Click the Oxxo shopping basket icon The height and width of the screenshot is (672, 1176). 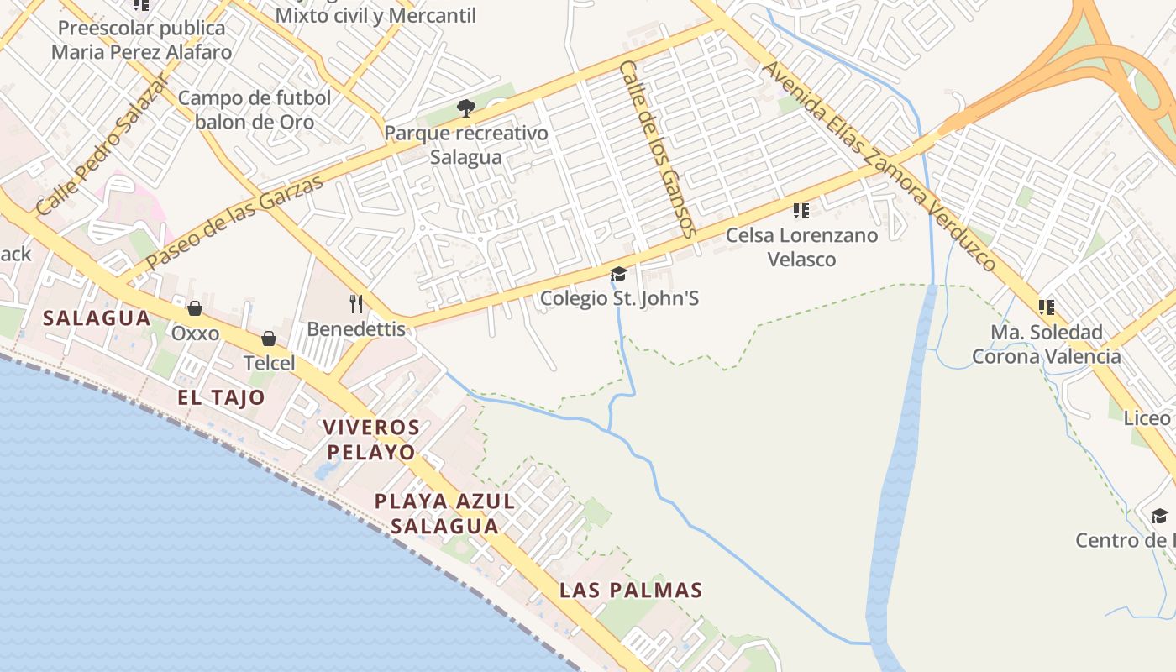[x=194, y=308]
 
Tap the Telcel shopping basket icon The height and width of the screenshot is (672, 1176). [x=269, y=339]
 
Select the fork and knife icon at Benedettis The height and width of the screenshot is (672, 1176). [x=356, y=303]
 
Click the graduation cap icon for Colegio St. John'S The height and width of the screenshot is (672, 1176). [x=619, y=273]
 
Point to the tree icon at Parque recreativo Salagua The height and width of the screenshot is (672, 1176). [x=465, y=108]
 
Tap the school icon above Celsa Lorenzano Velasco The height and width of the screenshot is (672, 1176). [x=801, y=210]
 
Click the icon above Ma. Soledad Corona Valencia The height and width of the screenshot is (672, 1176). [x=1046, y=307]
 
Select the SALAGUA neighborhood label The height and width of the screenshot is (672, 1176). [x=97, y=318]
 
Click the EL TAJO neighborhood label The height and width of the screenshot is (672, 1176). [x=221, y=397]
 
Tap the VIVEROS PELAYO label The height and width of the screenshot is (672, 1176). [x=371, y=439]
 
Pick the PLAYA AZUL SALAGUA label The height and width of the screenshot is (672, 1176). [x=444, y=513]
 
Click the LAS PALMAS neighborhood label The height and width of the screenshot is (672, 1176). [x=631, y=590]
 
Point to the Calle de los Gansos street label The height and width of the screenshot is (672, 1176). [x=658, y=148]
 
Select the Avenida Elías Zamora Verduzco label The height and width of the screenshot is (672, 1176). [x=879, y=165]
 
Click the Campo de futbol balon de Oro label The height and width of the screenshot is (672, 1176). [x=255, y=110]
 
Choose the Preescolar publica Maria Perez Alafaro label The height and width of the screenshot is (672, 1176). [x=141, y=40]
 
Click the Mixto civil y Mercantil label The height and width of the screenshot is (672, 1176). [x=375, y=15]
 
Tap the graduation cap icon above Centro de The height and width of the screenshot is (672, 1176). [x=1159, y=515]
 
